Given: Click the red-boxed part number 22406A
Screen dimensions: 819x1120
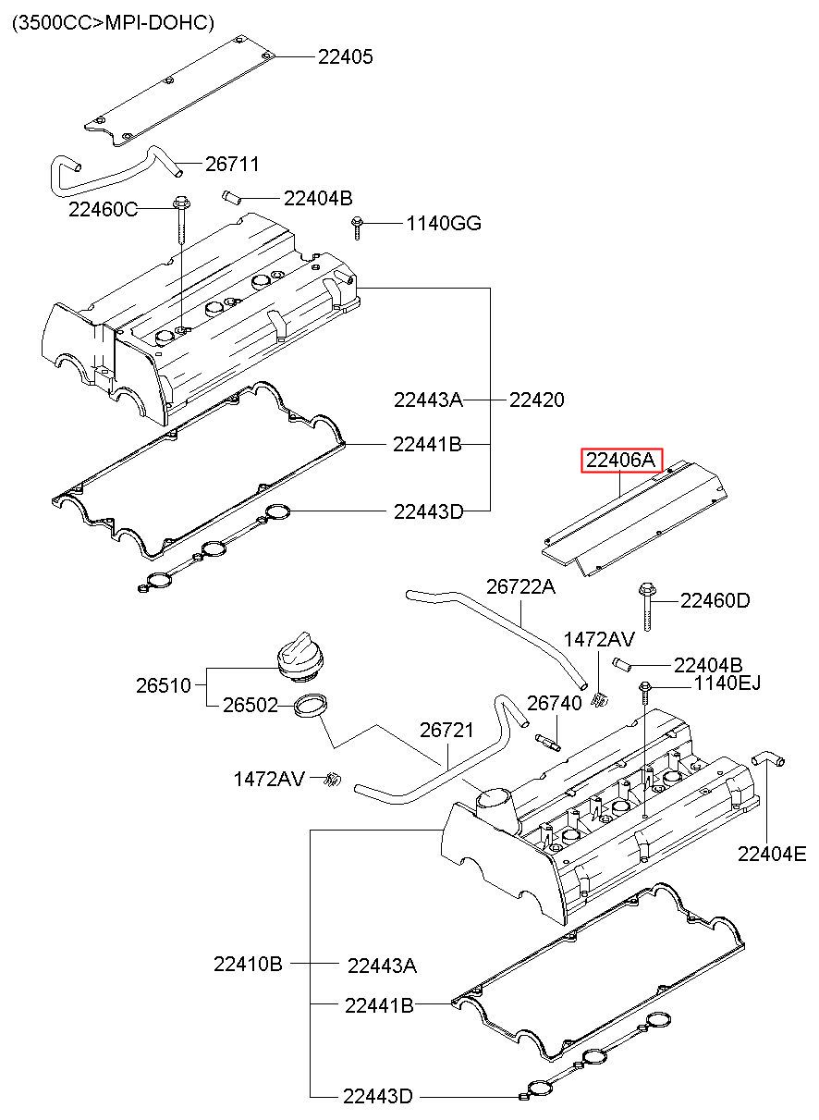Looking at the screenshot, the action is click(620, 460).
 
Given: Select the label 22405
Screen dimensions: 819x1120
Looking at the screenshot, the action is click(346, 56).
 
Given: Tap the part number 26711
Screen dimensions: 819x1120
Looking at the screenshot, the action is click(232, 164).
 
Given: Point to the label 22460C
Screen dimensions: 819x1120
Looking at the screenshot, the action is click(103, 209).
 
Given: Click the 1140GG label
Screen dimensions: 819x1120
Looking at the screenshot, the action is click(444, 223).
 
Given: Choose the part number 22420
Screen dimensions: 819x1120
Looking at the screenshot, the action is click(537, 400).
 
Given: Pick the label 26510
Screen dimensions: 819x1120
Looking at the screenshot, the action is click(164, 685).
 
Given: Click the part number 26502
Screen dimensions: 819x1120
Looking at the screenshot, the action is click(250, 705).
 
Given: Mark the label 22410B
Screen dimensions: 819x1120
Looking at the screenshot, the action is click(248, 964).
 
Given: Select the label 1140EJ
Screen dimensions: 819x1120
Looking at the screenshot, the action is click(727, 683).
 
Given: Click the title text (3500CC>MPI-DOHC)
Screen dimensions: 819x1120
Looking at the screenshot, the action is click(113, 22).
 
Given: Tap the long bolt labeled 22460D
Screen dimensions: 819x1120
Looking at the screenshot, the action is click(647, 606).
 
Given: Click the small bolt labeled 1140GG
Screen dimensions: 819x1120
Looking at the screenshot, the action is click(357, 228).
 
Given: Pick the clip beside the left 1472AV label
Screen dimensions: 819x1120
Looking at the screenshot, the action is click(332, 779).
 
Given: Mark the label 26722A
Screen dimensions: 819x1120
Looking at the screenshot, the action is click(520, 586).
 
